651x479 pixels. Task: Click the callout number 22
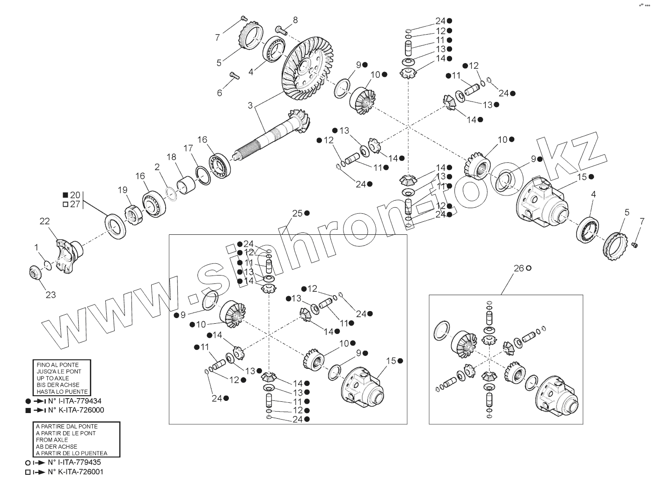(x=44, y=221)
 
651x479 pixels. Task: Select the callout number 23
(x=51, y=295)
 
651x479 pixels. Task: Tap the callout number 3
(x=250, y=106)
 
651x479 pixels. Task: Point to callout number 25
(x=297, y=213)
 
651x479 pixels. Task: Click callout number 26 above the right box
(x=519, y=268)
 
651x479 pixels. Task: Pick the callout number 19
(x=123, y=190)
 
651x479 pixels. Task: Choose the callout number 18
(x=171, y=157)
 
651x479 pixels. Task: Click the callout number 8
(x=295, y=20)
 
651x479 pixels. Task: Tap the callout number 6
(x=219, y=93)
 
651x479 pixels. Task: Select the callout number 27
(x=75, y=204)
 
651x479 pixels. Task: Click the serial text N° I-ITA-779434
(x=74, y=401)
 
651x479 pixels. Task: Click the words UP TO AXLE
(x=52, y=378)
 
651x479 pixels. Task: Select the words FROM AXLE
(x=52, y=440)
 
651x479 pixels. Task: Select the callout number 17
(x=188, y=148)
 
